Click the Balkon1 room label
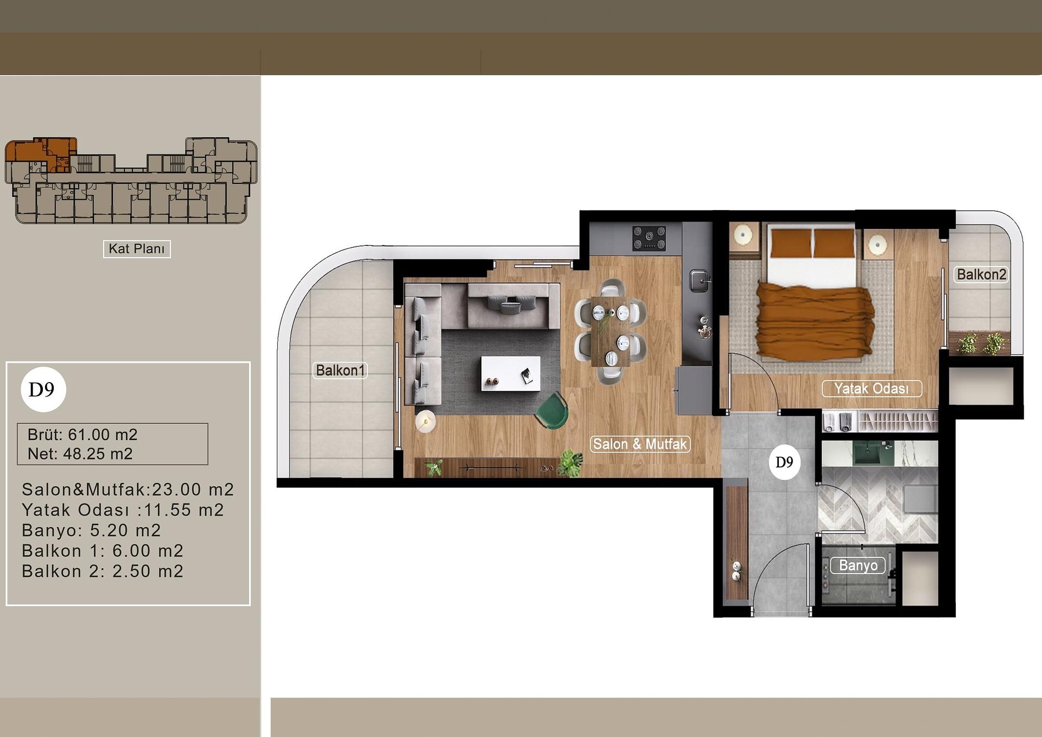340,371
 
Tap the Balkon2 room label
981,275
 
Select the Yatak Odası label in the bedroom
871,389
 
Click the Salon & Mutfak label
640,444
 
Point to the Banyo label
857,566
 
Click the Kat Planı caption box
137,249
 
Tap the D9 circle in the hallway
784,462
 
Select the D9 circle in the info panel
43,390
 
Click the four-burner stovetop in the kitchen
649,239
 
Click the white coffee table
510,373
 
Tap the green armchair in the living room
552,411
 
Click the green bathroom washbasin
867,454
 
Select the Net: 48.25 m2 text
80,454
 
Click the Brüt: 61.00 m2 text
82,435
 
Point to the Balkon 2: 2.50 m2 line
103,571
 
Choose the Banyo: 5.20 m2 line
91,530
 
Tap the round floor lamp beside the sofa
425,421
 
